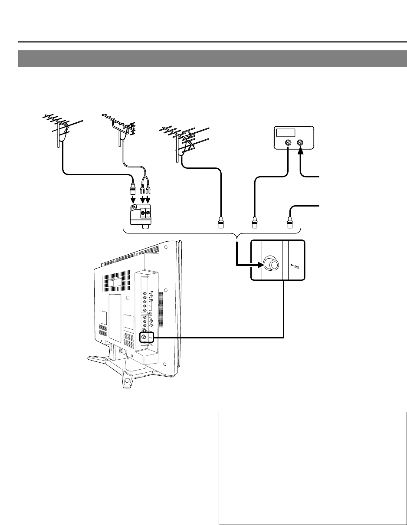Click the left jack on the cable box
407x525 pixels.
click(x=288, y=142)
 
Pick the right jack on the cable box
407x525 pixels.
click(x=301, y=142)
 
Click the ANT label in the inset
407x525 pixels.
click(x=295, y=268)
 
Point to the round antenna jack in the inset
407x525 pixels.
click(x=272, y=264)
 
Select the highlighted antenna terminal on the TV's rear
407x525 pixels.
click(x=143, y=338)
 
